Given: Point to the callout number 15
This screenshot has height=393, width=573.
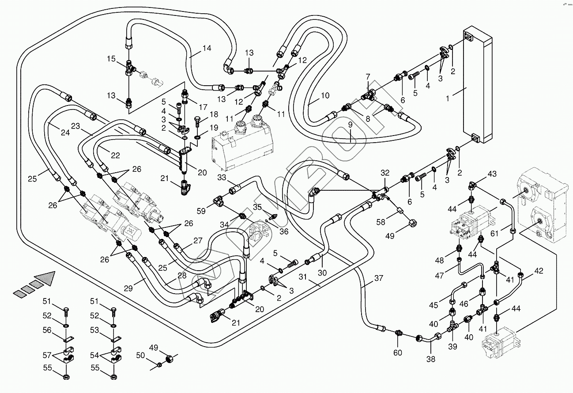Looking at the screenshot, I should (111, 59).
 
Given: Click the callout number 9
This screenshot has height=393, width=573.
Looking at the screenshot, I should (350, 125).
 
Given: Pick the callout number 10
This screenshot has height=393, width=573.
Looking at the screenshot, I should (325, 95).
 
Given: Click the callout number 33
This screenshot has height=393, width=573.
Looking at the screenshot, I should (221, 178).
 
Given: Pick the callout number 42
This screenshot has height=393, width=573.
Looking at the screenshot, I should (539, 271).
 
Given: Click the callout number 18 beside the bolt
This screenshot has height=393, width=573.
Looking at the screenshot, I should (214, 114).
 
